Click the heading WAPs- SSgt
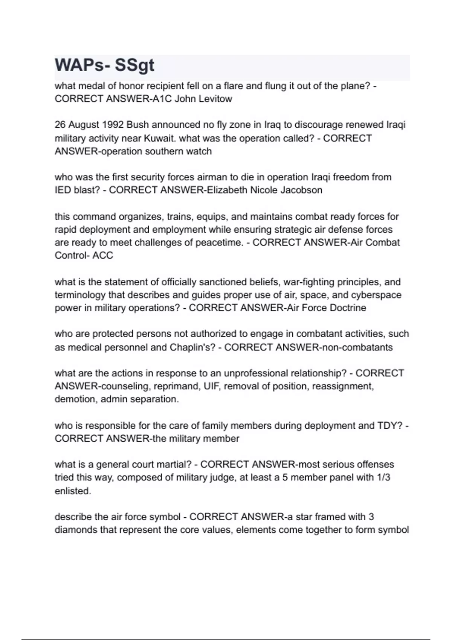point(104,65)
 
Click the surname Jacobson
point(301,190)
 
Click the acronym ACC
point(103,256)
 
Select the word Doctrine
point(348,308)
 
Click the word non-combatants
point(355,347)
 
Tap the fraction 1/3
point(383,478)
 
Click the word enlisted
point(73,491)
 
